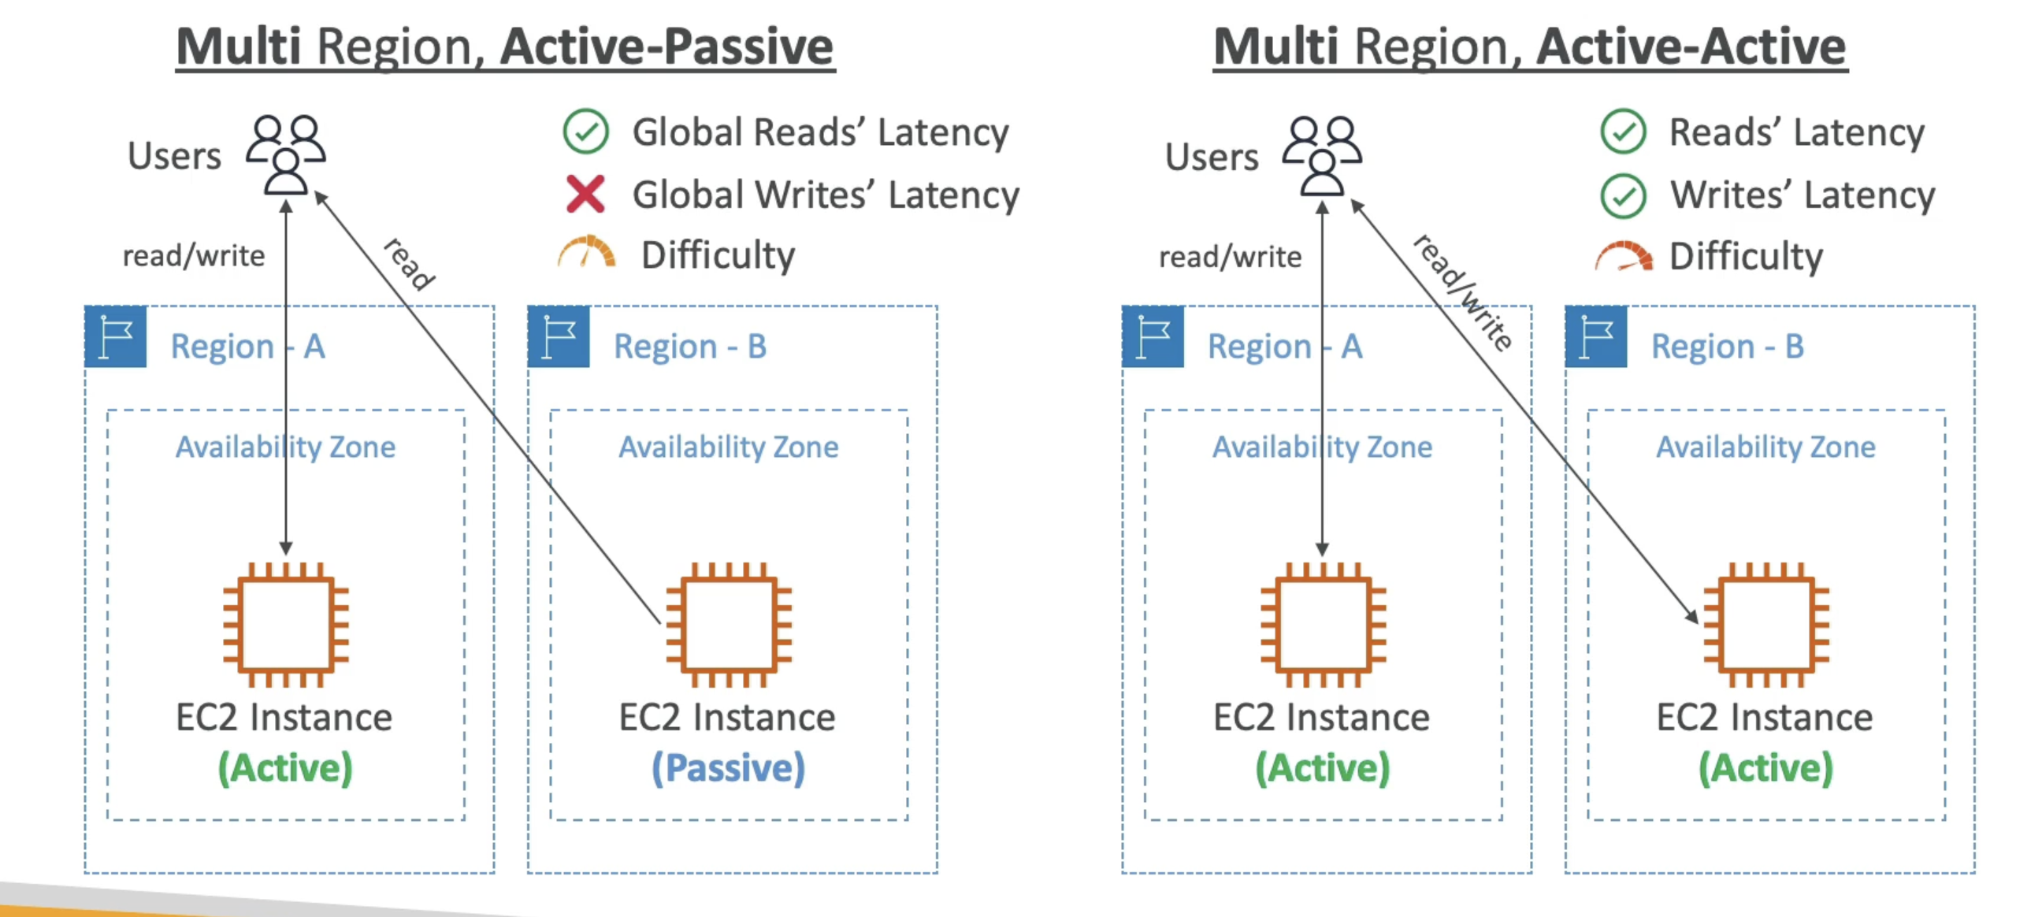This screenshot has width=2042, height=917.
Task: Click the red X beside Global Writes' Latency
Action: [585, 194]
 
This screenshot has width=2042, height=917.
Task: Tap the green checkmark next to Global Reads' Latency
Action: [585, 132]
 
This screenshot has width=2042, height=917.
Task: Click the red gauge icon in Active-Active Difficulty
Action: [1624, 256]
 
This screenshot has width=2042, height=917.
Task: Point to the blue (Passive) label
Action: [728, 768]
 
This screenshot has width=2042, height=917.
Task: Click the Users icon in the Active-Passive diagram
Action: [285, 154]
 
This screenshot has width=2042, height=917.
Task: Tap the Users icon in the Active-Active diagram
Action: [1322, 155]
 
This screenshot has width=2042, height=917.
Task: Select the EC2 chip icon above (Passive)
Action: [729, 625]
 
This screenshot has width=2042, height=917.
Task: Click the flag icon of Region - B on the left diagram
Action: [559, 337]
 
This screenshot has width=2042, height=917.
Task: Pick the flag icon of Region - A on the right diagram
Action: [1153, 337]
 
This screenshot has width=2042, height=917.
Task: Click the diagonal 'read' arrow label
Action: [409, 264]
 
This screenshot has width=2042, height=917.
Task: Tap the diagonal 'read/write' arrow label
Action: [1463, 291]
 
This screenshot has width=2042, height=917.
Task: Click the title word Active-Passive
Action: [666, 46]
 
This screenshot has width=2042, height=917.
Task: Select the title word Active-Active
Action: [1691, 46]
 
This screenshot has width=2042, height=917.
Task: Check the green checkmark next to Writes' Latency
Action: [1623, 195]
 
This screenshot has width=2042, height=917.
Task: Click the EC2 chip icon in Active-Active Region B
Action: [1766, 625]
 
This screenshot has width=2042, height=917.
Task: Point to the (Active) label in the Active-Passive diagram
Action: [285, 768]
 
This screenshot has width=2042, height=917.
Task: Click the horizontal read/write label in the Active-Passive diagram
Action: [194, 256]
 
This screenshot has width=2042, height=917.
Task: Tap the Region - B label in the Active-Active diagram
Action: [1728, 347]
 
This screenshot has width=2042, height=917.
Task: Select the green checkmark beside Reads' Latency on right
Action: [1623, 132]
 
